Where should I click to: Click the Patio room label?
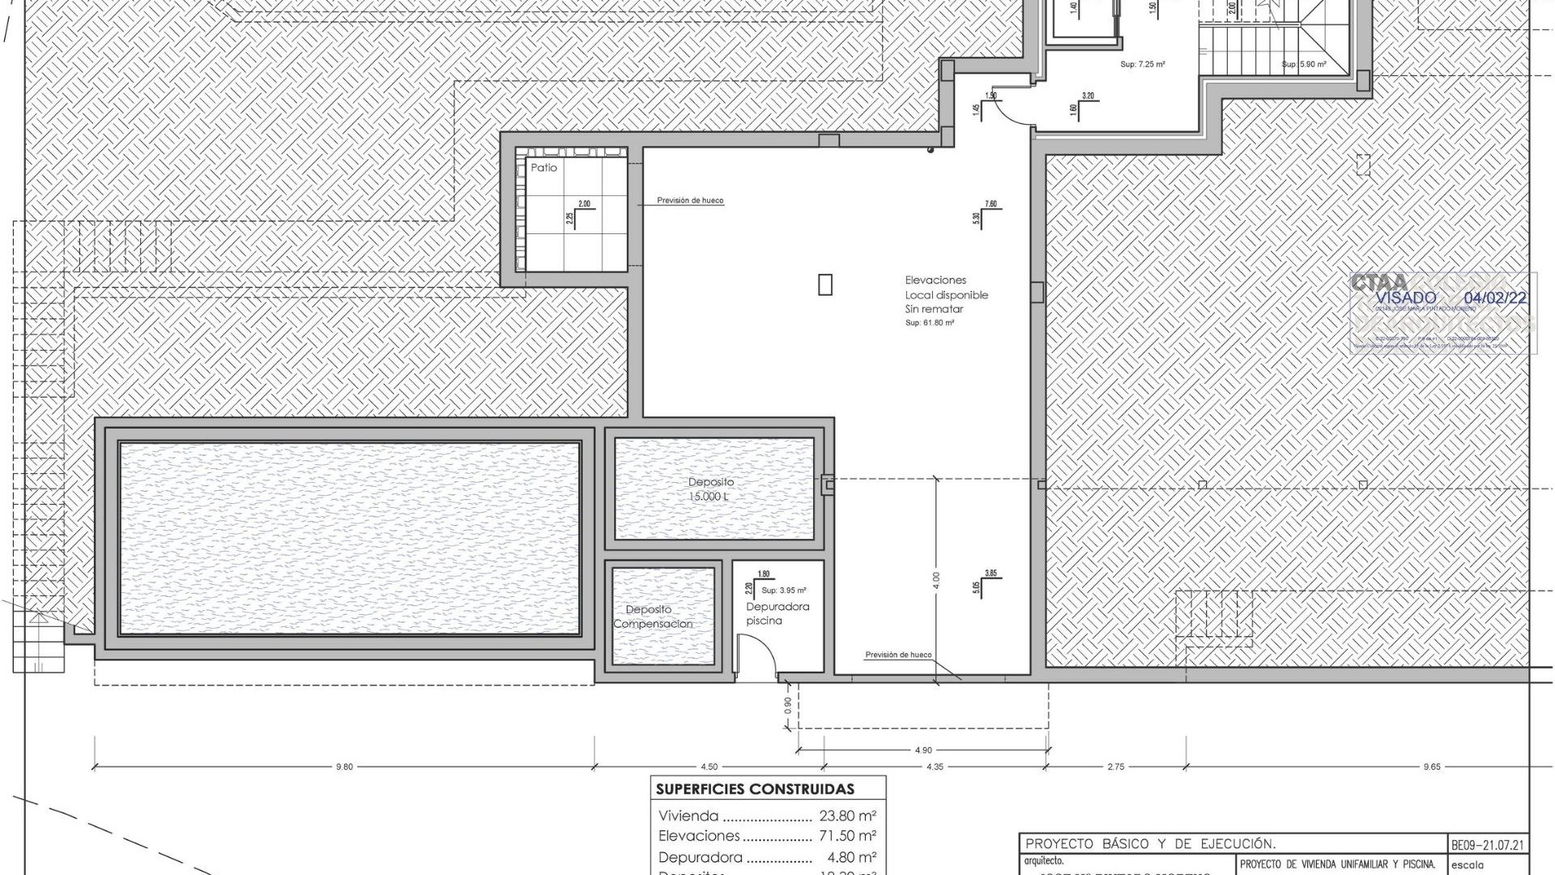(543, 168)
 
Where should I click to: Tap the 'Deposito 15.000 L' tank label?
(711, 489)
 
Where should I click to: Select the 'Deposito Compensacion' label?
(652, 617)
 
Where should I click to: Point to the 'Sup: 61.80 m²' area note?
(929, 322)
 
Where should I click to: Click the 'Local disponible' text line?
(946, 295)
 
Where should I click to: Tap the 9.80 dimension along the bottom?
(344, 766)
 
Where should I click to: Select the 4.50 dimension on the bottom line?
(709, 766)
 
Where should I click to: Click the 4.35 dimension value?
(934, 766)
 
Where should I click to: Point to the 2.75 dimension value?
(1115, 766)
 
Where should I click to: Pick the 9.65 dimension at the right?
(1431, 766)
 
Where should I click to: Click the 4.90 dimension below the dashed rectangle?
(922, 750)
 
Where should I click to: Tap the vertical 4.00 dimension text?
(936, 580)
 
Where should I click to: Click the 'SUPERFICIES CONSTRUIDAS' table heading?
(755, 789)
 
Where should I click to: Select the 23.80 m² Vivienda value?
(847, 816)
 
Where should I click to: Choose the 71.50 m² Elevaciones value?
(847, 835)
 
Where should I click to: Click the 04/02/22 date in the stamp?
(1495, 298)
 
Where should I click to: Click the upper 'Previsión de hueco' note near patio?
(690, 200)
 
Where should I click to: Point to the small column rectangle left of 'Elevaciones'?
(825, 285)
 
